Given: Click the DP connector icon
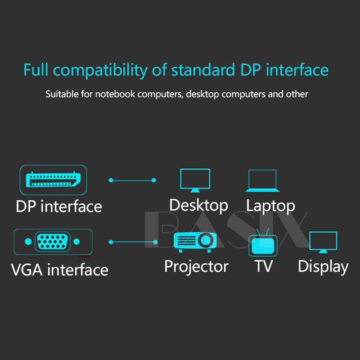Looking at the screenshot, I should click(53, 180).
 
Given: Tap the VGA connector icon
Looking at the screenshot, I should click(53, 242).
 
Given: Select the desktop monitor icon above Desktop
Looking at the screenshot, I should click(195, 180).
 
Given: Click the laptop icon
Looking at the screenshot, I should click(262, 180).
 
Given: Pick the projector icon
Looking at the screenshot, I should click(193, 241).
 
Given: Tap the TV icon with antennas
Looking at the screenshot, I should click(263, 243).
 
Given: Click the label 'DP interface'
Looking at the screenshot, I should click(59, 207).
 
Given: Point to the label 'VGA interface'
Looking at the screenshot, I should click(59, 270).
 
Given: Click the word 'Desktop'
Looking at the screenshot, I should click(198, 205).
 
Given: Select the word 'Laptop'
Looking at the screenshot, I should click(270, 206).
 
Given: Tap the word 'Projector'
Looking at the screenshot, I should click(196, 266).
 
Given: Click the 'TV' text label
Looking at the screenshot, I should click(263, 266).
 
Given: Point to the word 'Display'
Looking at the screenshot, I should click(323, 267).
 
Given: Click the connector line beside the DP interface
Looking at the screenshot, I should click(132, 180).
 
